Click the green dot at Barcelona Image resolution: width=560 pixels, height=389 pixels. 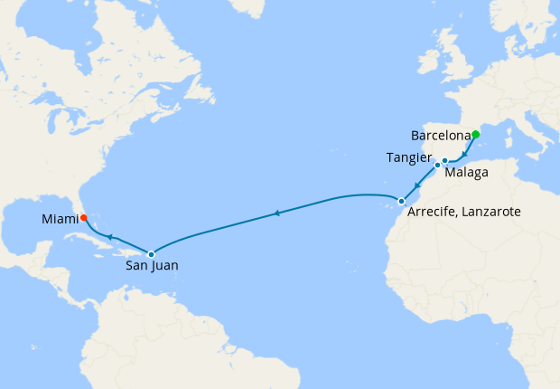coord(476,135)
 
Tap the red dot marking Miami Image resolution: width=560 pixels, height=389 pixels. coord(83,217)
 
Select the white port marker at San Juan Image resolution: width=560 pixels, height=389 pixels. coord(151,253)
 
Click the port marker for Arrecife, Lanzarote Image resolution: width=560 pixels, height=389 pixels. coord(401,201)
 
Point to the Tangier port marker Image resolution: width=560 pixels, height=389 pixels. coord(436,166)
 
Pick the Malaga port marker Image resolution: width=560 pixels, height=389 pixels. coord(445,161)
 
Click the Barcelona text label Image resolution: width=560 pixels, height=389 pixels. coord(441,136)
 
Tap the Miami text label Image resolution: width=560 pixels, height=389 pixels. coord(59,218)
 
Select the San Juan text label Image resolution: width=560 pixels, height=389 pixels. coord(152,266)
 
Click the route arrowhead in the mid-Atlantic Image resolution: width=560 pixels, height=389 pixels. coord(276,213)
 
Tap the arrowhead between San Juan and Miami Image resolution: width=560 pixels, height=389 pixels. coord(108,237)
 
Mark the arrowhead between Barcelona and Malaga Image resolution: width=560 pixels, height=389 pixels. coord(464,155)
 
